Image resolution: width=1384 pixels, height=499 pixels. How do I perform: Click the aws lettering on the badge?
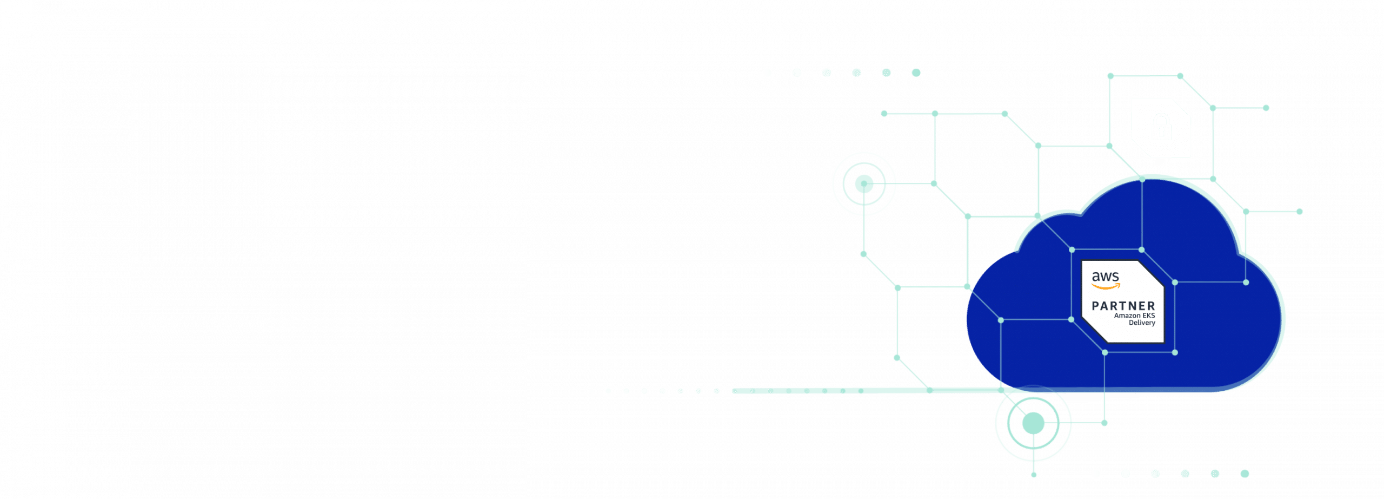(x=1105, y=277)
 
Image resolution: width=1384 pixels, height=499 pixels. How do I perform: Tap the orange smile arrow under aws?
(x=1106, y=286)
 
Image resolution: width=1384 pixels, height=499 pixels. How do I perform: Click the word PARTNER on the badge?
(x=1123, y=306)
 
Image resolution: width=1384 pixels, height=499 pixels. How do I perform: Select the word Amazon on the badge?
(x=1127, y=316)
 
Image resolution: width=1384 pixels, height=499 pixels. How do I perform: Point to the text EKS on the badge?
(x=1148, y=316)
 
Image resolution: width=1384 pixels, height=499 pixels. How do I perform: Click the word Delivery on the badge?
(x=1142, y=323)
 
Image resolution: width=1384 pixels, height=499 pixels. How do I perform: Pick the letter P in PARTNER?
(x=1095, y=306)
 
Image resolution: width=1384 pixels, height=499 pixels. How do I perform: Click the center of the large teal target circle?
(x=1033, y=423)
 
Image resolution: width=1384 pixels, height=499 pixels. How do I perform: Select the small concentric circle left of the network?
(x=864, y=184)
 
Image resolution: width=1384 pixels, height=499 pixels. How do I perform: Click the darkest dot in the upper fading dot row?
(x=916, y=73)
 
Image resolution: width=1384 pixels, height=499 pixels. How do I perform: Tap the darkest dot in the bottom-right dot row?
(x=1245, y=474)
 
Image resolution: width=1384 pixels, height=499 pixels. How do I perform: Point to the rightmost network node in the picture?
(x=1299, y=212)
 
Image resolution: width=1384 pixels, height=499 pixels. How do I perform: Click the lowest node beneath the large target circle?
(x=1033, y=475)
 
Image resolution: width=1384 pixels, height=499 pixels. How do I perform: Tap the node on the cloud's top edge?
(x=1142, y=179)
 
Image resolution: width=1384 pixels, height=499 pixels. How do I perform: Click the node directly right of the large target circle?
(x=1104, y=423)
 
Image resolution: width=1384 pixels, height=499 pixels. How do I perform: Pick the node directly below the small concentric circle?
(x=863, y=254)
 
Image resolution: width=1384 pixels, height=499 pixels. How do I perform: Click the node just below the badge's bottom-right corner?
(x=1175, y=352)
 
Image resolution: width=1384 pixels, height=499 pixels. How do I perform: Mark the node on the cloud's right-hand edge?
(x=1246, y=282)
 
